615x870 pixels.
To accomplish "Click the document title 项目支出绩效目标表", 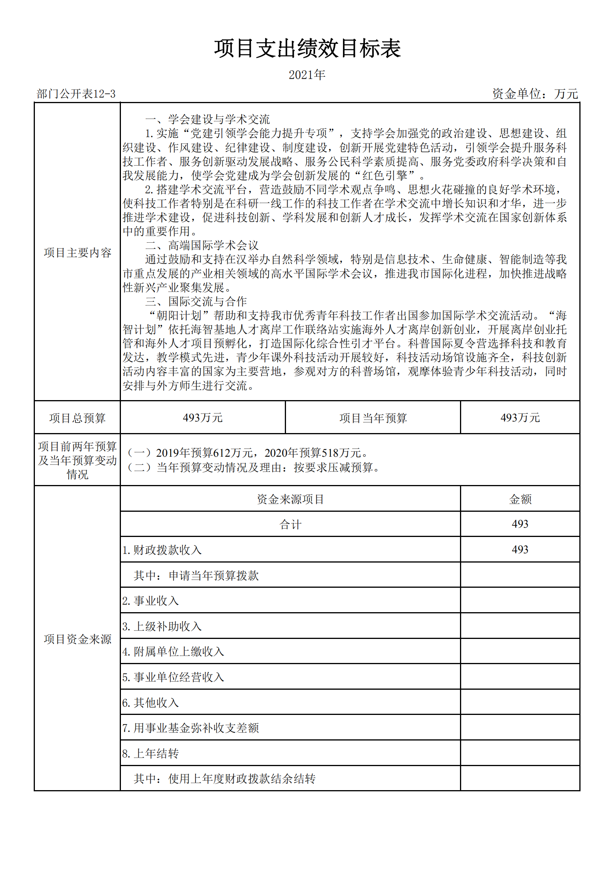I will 307,49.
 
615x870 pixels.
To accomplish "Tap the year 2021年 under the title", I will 307,74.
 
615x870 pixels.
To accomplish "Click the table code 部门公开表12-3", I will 76,94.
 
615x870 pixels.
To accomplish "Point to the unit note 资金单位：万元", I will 535,94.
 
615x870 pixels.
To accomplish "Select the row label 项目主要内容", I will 78,253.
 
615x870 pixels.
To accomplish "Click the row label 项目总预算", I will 78,418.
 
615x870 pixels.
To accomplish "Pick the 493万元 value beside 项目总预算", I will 203,418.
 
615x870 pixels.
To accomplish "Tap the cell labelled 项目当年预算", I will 373,418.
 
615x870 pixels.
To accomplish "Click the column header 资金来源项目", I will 290,499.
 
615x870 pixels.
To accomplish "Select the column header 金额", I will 520,499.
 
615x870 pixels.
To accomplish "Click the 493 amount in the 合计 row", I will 520,524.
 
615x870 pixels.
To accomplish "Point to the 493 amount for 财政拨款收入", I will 520,549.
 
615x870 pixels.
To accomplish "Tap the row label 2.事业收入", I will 150,601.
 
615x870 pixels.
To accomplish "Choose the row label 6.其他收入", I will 150,703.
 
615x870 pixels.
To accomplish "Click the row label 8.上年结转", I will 150,753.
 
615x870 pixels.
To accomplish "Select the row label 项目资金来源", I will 78,639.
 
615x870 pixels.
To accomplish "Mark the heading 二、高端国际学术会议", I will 202,245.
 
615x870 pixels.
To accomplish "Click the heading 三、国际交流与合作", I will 196,301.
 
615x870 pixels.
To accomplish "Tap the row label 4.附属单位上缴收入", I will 173,652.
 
